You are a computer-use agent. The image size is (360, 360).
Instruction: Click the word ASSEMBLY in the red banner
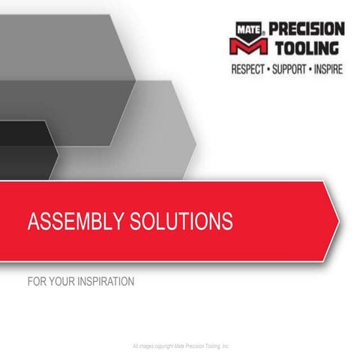[x=73, y=221]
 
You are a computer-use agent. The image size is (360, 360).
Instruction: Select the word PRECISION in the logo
[x=306, y=29]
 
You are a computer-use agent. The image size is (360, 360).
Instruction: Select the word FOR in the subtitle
[x=35, y=283]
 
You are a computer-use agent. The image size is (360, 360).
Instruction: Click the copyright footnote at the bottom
[x=180, y=346]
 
